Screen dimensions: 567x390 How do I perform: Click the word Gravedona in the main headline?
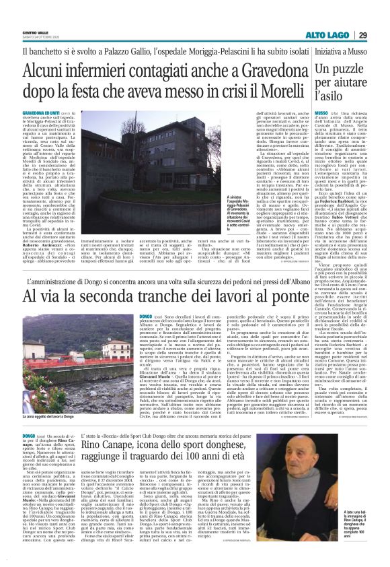(x=241, y=69)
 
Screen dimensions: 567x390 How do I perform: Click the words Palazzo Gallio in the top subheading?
(x=136, y=51)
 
